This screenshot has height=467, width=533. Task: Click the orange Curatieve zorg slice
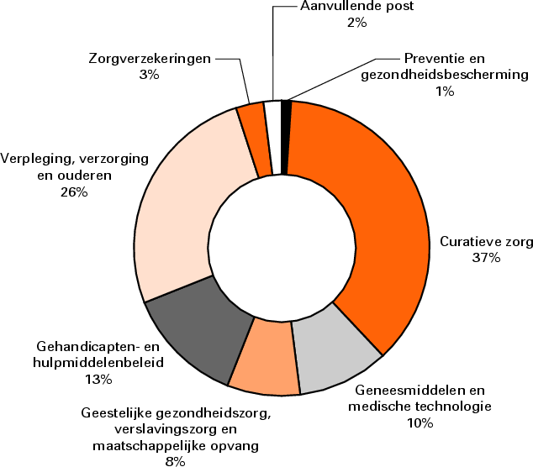pos(370,218)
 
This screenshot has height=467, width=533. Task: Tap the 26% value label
pos(74,192)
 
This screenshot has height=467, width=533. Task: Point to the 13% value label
pos(98,379)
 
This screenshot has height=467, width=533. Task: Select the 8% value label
pos(175,459)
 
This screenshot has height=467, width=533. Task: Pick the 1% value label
pos(445,91)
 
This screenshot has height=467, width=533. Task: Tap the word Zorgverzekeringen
pos(149,59)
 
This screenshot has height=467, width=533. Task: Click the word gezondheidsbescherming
pos(444,75)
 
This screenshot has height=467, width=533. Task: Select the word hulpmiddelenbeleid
pos(99,362)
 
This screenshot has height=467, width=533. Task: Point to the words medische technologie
pos(418,407)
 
